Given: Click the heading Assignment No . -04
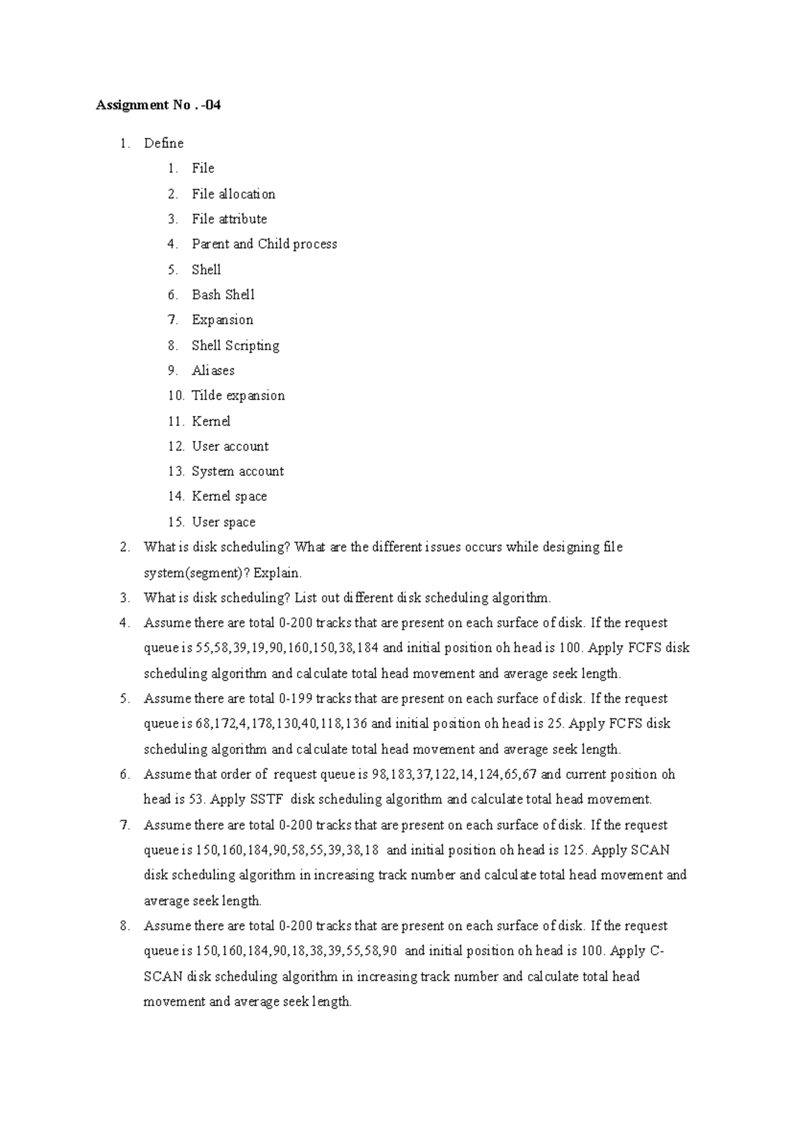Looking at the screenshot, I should coord(158,105).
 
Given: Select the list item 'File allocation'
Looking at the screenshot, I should coord(233,194).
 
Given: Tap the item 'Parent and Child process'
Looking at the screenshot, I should coord(264,244).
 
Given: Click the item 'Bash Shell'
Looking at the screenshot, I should coord(223,295).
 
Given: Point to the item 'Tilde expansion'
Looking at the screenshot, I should coord(238,395).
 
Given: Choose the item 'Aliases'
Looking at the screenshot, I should coord(213,370).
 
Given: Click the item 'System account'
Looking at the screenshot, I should coord(238,471).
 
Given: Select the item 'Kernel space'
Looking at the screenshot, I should coord(229,496).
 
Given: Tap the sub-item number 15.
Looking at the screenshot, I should coord(176,522).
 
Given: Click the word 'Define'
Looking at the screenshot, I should coord(164,143).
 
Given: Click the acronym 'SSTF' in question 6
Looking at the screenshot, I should coord(266,799).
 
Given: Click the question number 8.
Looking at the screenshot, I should coord(125,926).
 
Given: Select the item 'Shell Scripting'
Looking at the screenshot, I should coord(236,345).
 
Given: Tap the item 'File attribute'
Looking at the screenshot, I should coord(229,219).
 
